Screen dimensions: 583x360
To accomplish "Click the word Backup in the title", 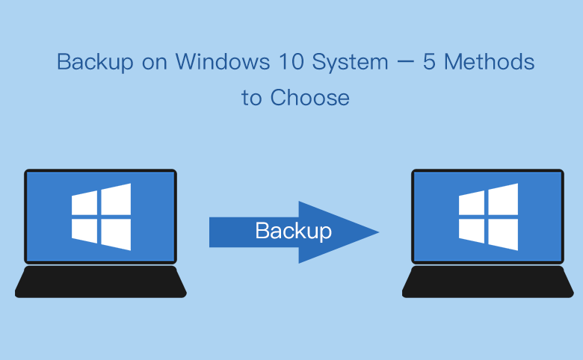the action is (95, 62).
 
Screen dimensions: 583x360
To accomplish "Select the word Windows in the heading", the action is (223, 61).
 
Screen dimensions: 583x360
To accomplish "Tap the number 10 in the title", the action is (291, 62).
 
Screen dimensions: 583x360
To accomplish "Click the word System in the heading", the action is (351, 62).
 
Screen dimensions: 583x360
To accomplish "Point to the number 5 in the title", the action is (429, 62).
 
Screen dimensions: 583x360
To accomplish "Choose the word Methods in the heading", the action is (490, 61).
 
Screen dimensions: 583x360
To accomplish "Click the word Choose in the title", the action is (309, 97).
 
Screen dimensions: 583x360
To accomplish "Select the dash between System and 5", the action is (406, 63).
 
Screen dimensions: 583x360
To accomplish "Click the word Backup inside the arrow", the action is (293, 231).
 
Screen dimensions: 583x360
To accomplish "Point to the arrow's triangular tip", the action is (378, 232).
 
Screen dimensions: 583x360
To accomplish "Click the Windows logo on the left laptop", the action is (101, 217).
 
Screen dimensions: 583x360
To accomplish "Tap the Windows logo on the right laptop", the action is (488, 217).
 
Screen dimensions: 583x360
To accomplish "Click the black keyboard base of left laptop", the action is (100, 282).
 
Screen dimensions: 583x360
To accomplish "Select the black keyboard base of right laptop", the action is (488, 282).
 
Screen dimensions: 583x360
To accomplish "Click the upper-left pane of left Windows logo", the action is (84, 203).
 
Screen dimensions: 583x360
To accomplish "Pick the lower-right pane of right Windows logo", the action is (503, 235).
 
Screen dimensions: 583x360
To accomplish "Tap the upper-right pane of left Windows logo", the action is (116, 199).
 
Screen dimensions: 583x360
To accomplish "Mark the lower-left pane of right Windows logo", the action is (472, 231).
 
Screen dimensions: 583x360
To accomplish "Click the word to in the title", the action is (252, 99).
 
